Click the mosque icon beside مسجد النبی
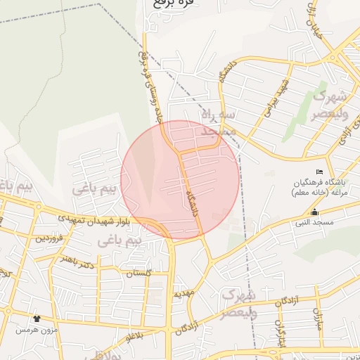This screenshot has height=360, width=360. (x=314, y=213)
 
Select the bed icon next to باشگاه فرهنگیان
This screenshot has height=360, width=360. (x=321, y=172)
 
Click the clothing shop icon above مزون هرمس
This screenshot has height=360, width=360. (x=37, y=319)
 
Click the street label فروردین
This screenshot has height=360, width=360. (x=50, y=239)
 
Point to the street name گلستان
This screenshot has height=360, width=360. (x=137, y=274)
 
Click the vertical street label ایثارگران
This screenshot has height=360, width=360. (x=281, y=331)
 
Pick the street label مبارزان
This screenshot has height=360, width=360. (x=317, y=323)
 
